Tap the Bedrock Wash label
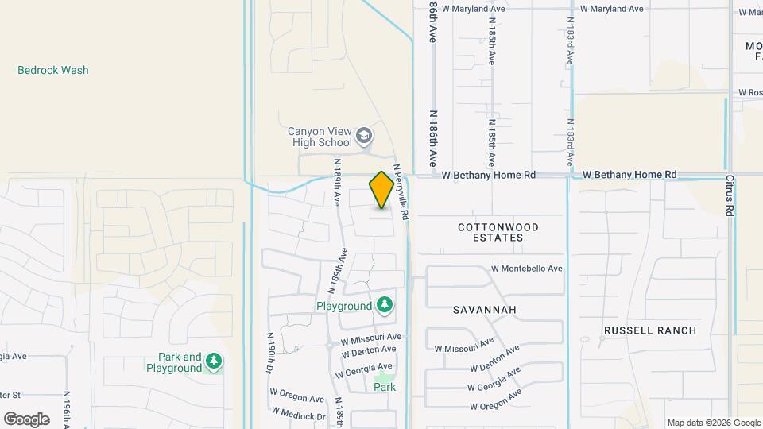click(53, 70)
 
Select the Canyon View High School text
click(320, 137)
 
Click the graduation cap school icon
click(364, 136)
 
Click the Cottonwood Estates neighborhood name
click(498, 232)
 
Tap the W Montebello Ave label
click(528, 269)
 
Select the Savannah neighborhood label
click(485, 309)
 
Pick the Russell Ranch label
click(649, 330)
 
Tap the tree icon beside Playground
click(385, 305)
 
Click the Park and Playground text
click(174, 362)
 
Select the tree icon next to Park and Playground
click(213, 362)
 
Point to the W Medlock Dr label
click(298, 415)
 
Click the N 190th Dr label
click(270, 354)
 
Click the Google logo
click(26, 419)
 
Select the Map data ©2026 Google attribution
click(713, 423)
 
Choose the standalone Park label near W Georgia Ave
click(385, 387)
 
